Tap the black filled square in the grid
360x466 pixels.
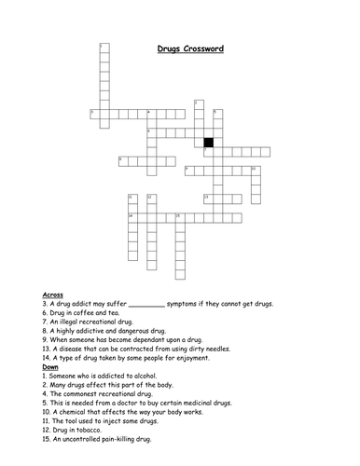(208, 143)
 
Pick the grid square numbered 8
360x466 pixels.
(122, 161)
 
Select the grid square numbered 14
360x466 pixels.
(132, 218)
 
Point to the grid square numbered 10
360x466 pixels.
(254, 171)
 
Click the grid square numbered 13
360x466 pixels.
(207, 199)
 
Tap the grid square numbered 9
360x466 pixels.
(188, 171)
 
